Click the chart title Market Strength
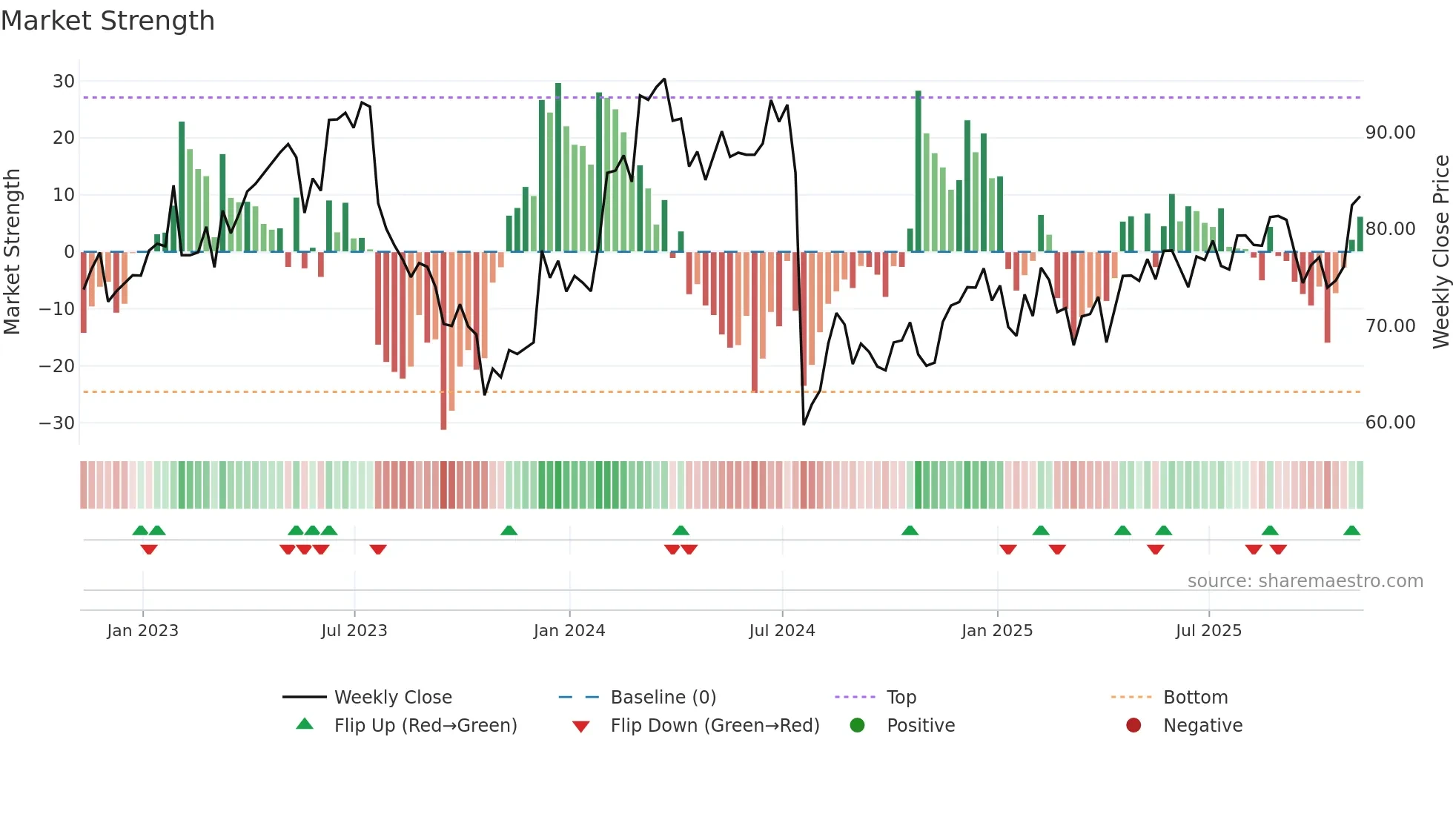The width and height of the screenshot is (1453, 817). (107, 21)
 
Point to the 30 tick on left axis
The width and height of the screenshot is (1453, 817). (64, 82)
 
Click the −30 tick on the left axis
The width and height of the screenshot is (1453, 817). (58, 423)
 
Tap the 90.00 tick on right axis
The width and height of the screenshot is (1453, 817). (1390, 133)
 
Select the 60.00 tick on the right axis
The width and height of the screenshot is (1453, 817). (1390, 423)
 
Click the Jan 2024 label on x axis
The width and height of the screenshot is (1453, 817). (569, 631)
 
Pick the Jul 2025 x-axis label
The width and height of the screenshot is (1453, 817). (1208, 631)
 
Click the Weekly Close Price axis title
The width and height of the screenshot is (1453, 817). (1440, 251)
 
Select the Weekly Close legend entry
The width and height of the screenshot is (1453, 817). (392, 698)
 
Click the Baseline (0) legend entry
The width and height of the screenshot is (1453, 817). (663, 698)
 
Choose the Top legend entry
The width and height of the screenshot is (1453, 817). (901, 698)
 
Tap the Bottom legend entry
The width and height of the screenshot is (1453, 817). (1195, 698)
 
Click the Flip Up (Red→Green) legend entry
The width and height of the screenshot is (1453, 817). (425, 726)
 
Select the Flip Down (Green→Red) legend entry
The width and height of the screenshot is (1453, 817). (715, 726)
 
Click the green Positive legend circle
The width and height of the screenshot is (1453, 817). (857, 726)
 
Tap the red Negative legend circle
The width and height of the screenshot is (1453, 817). (1133, 726)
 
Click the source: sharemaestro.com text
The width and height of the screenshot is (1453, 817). (1305, 581)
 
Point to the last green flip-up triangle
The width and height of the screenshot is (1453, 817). (1351, 531)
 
